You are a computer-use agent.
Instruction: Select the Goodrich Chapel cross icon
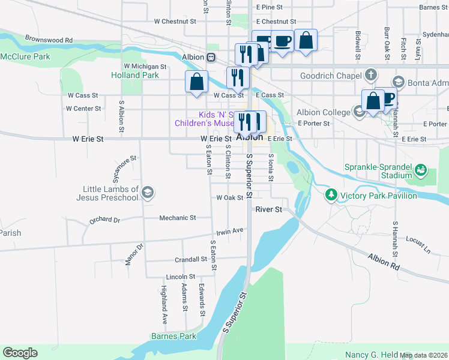[371, 76]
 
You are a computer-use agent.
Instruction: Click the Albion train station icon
[211, 58]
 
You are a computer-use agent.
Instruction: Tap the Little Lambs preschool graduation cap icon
[148, 193]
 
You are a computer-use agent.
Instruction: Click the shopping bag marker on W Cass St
[196, 82]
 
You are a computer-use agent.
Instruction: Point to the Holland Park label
[135, 76]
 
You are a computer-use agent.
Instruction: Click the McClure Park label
[25, 56]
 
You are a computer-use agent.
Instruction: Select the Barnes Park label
[173, 336]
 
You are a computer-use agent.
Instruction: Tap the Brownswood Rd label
[49, 40]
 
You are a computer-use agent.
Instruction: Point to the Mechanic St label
[178, 218]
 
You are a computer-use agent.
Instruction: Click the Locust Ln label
[418, 243]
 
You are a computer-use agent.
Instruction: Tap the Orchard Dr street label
[105, 220]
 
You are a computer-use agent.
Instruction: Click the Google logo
[20, 353]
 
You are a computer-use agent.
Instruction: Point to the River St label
[268, 209]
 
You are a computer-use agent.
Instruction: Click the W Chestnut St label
[175, 21]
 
